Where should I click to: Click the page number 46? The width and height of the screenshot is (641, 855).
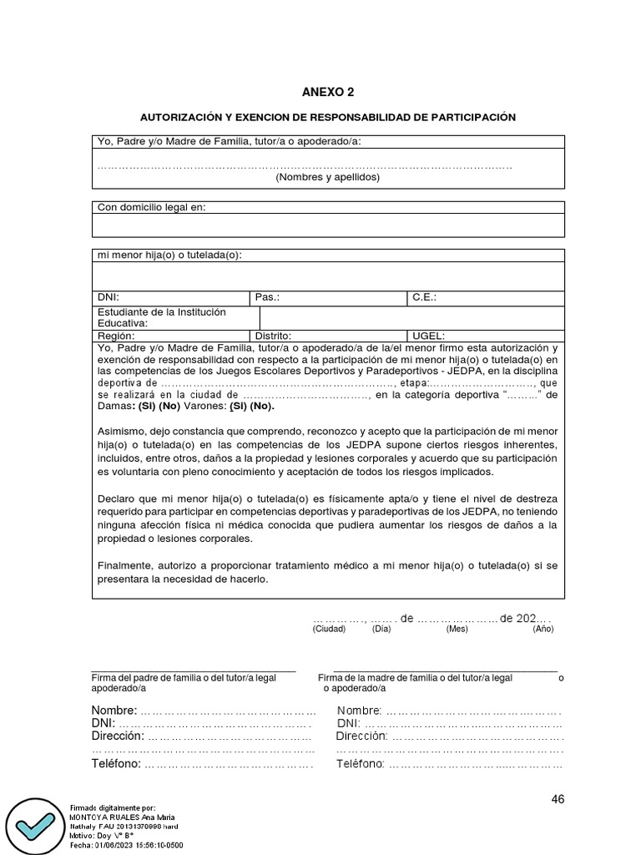[558, 799]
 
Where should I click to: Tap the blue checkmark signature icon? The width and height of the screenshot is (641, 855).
[34, 823]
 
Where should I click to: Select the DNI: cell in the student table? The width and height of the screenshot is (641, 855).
[109, 296]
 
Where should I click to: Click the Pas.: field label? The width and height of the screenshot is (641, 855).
[267, 296]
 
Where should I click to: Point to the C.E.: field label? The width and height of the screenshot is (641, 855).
[424, 296]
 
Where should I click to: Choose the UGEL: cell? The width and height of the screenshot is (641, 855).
[429, 334]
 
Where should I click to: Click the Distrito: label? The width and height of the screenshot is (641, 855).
[275, 334]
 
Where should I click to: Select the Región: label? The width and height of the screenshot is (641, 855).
[115, 334]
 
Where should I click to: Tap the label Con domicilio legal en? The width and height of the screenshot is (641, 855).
[151, 207]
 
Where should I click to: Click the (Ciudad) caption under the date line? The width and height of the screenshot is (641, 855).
[329, 630]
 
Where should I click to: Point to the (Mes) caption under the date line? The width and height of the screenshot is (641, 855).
[457, 630]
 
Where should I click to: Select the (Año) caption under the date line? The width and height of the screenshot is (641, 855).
[543, 630]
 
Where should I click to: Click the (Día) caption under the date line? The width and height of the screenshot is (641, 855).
[381, 630]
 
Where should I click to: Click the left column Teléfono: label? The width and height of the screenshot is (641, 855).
[116, 764]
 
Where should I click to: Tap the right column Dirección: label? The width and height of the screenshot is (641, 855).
[361, 736]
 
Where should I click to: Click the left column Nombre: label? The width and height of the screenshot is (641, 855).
[114, 711]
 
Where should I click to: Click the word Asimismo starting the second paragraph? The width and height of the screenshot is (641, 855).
[122, 429]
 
